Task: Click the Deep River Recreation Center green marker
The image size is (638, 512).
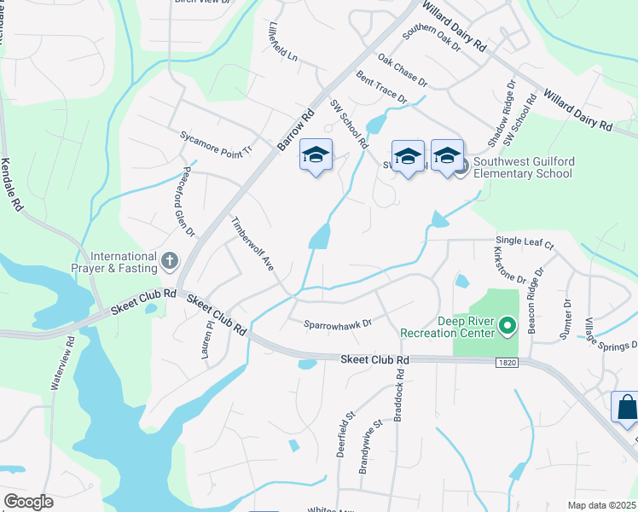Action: (507, 326)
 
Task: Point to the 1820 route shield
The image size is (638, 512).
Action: (506, 363)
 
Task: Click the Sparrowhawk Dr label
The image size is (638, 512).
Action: (339, 324)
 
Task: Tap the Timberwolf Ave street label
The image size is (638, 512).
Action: (252, 244)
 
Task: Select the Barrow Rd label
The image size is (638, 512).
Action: (297, 130)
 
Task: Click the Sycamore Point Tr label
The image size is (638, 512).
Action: (217, 142)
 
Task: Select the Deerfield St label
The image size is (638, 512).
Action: (345, 434)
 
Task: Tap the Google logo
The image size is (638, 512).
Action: (29, 502)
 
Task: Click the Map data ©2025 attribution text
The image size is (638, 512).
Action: (600, 505)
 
